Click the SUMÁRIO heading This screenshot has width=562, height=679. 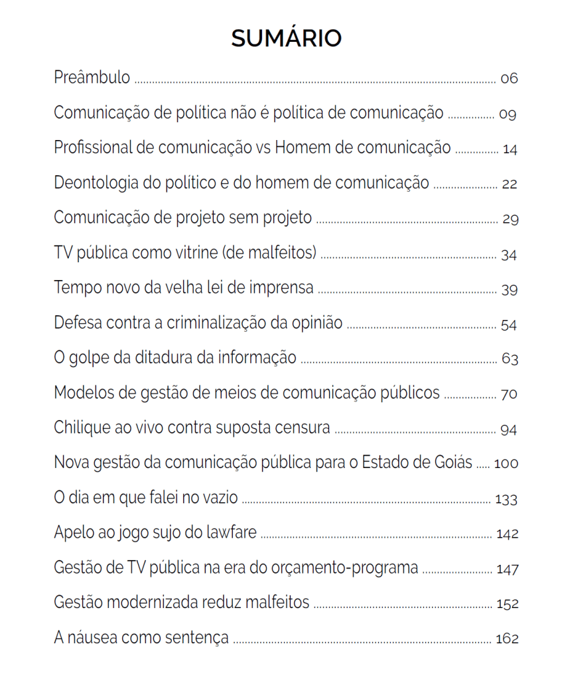(x=286, y=38)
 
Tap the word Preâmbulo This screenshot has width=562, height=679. (x=92, y=77)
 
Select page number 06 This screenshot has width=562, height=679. (x=509, y=78)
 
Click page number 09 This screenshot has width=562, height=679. (x=508, y=114)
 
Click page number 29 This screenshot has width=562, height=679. (x=510, y=220)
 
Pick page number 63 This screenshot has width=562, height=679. (x=510, y=360)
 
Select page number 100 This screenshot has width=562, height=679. (x=506, y=464)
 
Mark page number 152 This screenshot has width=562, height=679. (x=507, y=604)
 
